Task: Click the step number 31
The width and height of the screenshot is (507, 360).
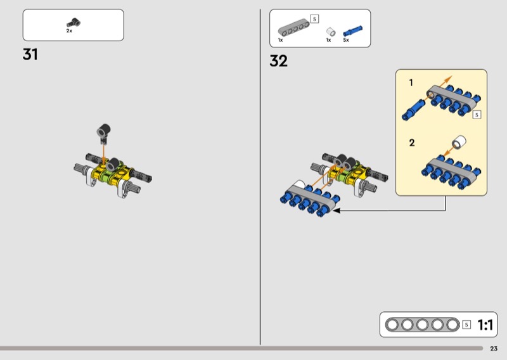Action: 30,55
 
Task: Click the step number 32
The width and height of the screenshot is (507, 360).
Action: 278,61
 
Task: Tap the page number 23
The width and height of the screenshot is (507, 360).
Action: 494,349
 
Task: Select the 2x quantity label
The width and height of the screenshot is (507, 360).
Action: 69,30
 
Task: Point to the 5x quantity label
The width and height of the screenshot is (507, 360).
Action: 346,40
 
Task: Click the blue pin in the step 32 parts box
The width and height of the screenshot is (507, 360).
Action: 352,30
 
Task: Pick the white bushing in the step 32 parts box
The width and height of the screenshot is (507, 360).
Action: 330,32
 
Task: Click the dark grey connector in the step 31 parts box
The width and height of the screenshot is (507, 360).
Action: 74,23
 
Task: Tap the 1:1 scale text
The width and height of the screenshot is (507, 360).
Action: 485,325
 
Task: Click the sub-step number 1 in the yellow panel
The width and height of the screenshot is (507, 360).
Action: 411,83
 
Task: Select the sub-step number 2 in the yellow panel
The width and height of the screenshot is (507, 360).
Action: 411,143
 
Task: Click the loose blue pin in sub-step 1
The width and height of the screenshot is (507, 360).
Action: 414,109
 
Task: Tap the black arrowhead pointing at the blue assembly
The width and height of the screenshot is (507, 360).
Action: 337,210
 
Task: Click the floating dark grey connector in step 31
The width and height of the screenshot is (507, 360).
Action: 104,132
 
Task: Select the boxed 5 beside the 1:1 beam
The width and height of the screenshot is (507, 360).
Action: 466,325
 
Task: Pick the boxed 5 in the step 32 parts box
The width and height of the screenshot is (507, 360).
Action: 314,19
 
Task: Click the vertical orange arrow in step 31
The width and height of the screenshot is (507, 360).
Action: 103,153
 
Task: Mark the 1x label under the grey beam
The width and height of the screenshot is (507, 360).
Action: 280,40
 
